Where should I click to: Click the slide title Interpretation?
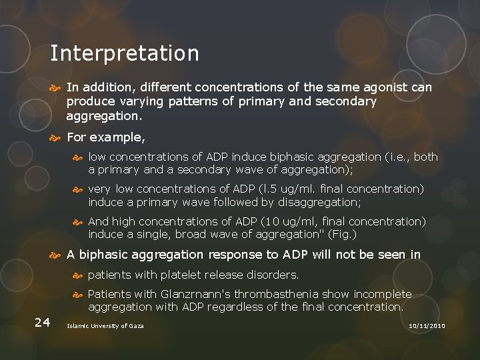(124, 53)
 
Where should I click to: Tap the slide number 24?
(42, 323)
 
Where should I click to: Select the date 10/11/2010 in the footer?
(426, 325)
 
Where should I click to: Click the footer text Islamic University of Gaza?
(105, 325)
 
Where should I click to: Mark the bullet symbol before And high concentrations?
(78, 221)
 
